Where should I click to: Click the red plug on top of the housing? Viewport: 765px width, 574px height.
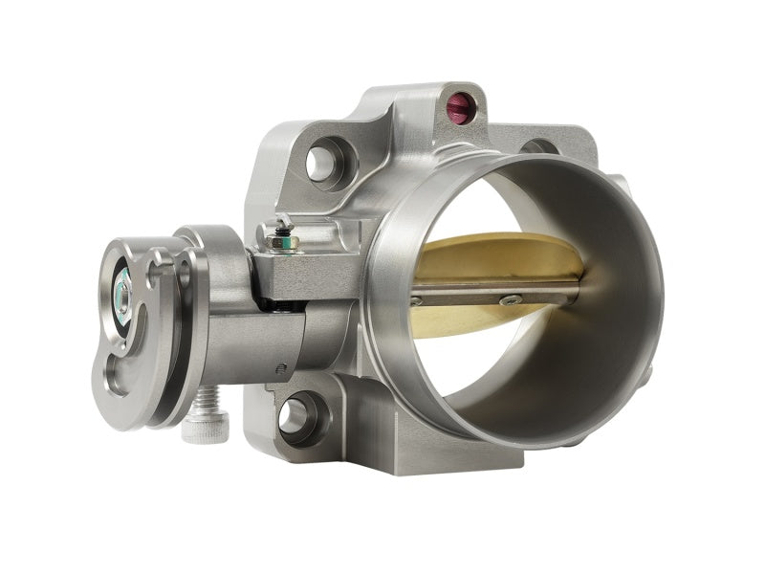coord(460,107)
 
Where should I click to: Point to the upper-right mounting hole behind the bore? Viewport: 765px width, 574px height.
coord(541,147)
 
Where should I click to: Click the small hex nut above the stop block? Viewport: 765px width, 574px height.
coord(280,240)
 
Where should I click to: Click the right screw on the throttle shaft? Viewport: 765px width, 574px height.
coord(512,300)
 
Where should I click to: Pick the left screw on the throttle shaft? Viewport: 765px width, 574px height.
coord(416,301)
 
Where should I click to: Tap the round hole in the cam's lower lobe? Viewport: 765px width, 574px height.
coord(114,379)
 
